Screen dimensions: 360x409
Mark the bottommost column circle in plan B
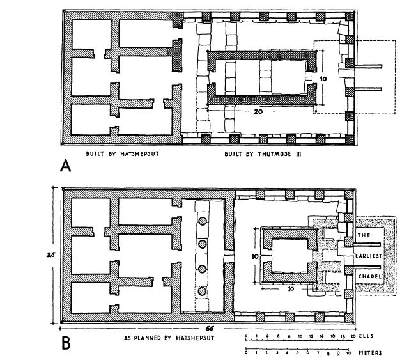tap(203, 292)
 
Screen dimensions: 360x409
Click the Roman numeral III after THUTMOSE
tap(282, 155)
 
